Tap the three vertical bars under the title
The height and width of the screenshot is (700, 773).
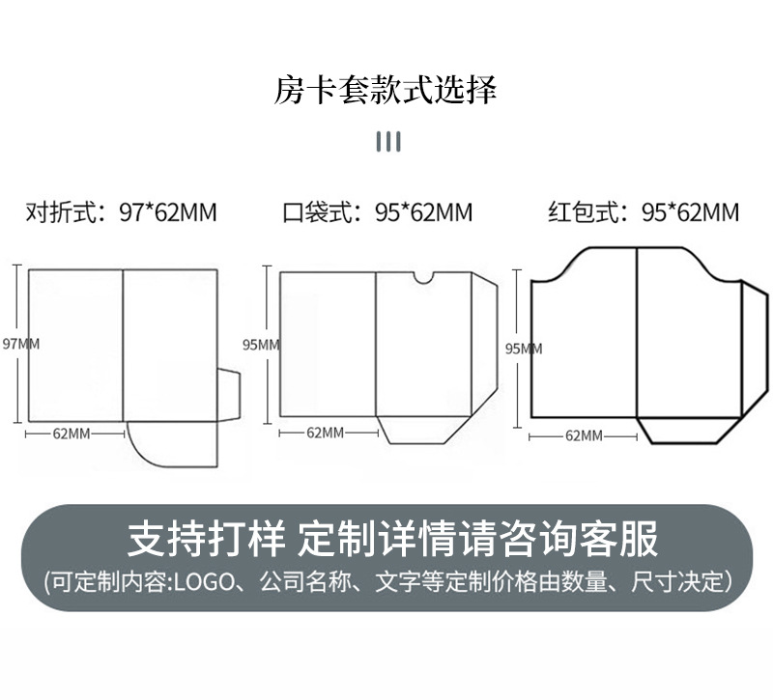coord(387,143)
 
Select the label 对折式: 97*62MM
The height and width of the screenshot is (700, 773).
coord(121,212)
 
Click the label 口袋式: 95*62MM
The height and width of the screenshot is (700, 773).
coord(378,212)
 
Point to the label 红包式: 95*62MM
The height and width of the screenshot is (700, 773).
coord(644,212)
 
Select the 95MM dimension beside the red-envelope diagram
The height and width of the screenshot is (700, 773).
coord(525,349)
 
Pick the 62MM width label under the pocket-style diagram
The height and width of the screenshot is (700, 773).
coord(326,433)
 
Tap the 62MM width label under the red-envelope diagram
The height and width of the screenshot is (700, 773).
coord(583,436)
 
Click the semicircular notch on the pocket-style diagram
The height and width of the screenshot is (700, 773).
coord(423,279)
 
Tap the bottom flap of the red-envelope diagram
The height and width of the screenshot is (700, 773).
coord(688,431)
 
